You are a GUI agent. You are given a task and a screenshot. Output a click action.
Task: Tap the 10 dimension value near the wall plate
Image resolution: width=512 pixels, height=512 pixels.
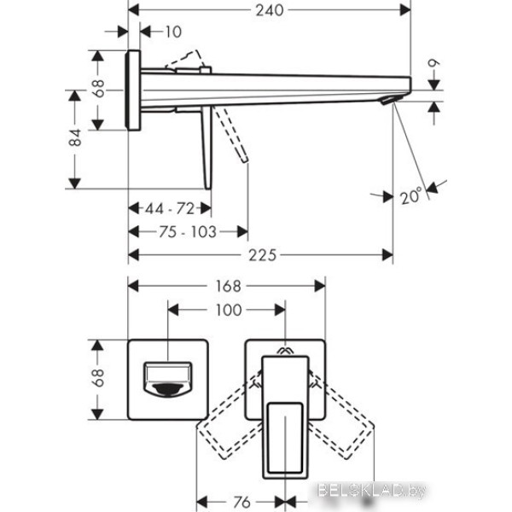tap(173, 32)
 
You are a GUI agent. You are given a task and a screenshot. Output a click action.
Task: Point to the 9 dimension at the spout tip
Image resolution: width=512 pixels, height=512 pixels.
tap(435, 64)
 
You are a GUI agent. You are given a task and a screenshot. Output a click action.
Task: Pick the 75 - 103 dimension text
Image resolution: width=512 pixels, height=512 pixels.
tap(188, 231)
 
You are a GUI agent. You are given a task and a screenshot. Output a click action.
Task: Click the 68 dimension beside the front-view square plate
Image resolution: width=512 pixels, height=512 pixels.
tap(99, 377)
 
